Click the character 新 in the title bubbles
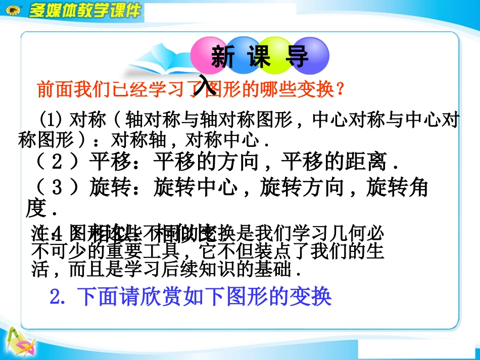pos(223,57)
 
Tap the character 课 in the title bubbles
pos(260,57)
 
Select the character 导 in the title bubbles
pos(298,57)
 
